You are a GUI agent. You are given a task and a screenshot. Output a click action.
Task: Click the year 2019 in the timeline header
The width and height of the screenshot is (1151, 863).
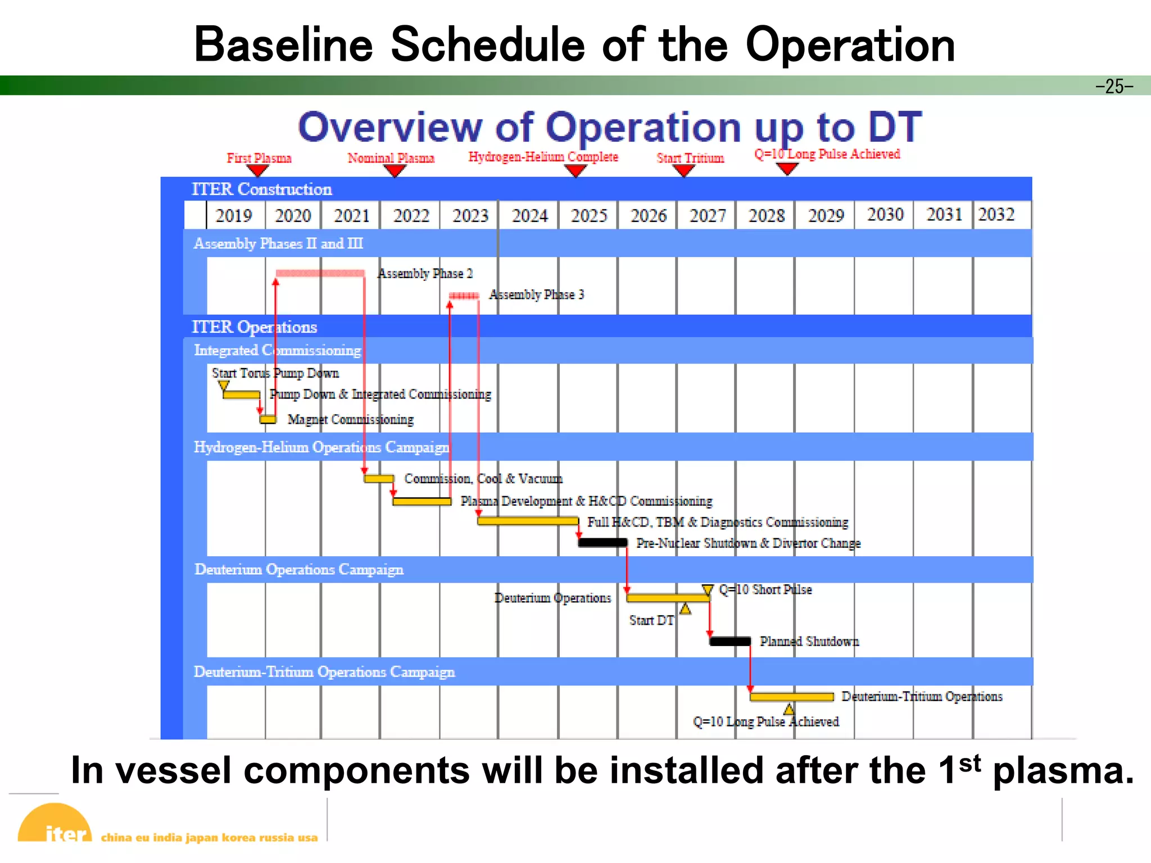click(234, 216)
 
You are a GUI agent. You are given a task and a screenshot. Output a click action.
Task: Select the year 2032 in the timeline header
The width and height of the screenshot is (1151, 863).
click(996, 215)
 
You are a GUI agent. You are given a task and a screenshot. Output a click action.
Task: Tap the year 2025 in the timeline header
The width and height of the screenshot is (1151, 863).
click(589, 216)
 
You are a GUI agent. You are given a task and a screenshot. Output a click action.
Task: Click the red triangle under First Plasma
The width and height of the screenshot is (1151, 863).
click(257, 170)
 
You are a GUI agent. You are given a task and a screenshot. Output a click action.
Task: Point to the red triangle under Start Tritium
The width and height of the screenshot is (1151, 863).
click(683, 170)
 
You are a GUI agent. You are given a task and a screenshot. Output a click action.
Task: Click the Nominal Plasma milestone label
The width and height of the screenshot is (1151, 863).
click(391, 158)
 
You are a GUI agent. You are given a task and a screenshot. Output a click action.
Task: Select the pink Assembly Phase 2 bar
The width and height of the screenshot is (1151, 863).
click(320, 273)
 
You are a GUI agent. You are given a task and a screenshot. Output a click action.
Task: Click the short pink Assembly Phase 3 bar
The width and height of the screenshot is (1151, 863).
click(464, 296)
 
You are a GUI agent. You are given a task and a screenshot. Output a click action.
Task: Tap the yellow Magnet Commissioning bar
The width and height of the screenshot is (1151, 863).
click(268, 419)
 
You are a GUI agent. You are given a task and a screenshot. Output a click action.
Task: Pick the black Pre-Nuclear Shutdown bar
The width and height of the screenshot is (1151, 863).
click(602, 542)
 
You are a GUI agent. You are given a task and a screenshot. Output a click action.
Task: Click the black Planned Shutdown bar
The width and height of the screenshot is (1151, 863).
click(730, 641)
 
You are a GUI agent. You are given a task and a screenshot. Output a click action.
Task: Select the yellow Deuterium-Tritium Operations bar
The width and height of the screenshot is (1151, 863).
click(791, 697)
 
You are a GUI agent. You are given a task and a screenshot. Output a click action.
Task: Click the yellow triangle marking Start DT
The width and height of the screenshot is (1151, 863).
click(685, 609)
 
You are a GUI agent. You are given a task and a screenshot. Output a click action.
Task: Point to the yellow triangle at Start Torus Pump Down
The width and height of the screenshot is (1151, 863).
click(224, 385)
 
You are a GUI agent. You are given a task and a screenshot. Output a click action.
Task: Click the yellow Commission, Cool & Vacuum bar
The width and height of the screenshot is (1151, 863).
click(378, 479)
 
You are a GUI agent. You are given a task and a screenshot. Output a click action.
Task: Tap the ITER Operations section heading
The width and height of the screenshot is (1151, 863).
click(254, 326)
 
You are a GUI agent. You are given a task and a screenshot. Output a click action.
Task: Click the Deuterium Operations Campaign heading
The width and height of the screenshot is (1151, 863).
click(298, 569)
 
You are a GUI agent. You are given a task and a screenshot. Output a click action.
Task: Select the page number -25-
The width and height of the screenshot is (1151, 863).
click(1114, 86)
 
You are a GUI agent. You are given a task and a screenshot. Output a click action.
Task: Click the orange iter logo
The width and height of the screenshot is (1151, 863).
click(55, 824)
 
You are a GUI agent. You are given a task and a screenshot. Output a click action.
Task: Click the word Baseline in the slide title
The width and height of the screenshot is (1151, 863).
click(283, 45)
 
